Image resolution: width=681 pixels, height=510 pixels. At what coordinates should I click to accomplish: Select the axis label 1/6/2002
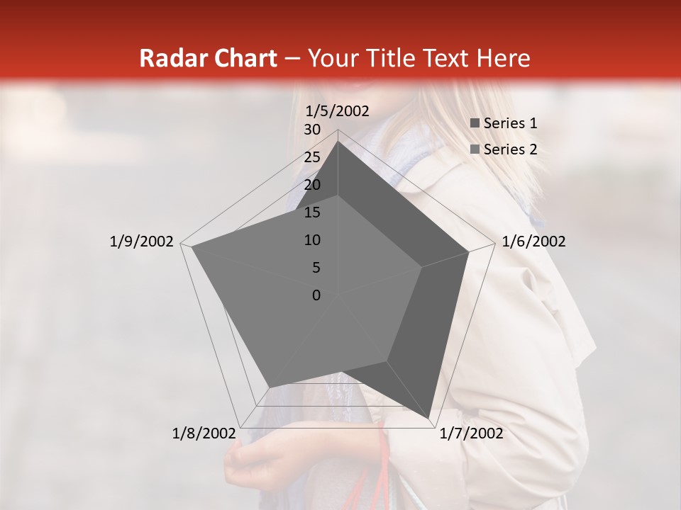coord(533,242)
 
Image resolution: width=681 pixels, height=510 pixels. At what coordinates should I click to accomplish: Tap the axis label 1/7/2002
coord(471,433)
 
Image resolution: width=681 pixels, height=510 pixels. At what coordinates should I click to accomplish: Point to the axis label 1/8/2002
coord(204,433)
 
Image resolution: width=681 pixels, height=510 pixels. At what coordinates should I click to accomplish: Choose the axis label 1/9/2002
coord(142,242)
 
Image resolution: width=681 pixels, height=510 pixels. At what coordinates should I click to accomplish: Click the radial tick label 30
coord(312,130)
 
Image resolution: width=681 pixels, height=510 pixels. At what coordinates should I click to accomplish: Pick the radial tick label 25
coord(312,157)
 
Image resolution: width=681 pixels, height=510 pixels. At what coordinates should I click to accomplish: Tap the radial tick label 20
coord(312,185)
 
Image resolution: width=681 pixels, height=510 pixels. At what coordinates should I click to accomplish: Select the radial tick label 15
coord(312,212)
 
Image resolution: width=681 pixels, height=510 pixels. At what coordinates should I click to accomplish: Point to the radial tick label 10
coord(312,240)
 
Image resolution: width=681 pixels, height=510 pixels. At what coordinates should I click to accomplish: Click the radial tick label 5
coord(316,268)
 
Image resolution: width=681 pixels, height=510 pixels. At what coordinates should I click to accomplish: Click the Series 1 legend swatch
coord(475,123)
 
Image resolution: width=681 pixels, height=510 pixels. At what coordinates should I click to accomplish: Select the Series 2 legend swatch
coord(475,149)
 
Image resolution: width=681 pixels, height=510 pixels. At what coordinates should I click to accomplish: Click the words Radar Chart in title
coord(207,58)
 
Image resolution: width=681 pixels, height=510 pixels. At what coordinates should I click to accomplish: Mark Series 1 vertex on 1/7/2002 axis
coord(428,419)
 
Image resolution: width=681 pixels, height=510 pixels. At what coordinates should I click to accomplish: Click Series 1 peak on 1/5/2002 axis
coord(338,142)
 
